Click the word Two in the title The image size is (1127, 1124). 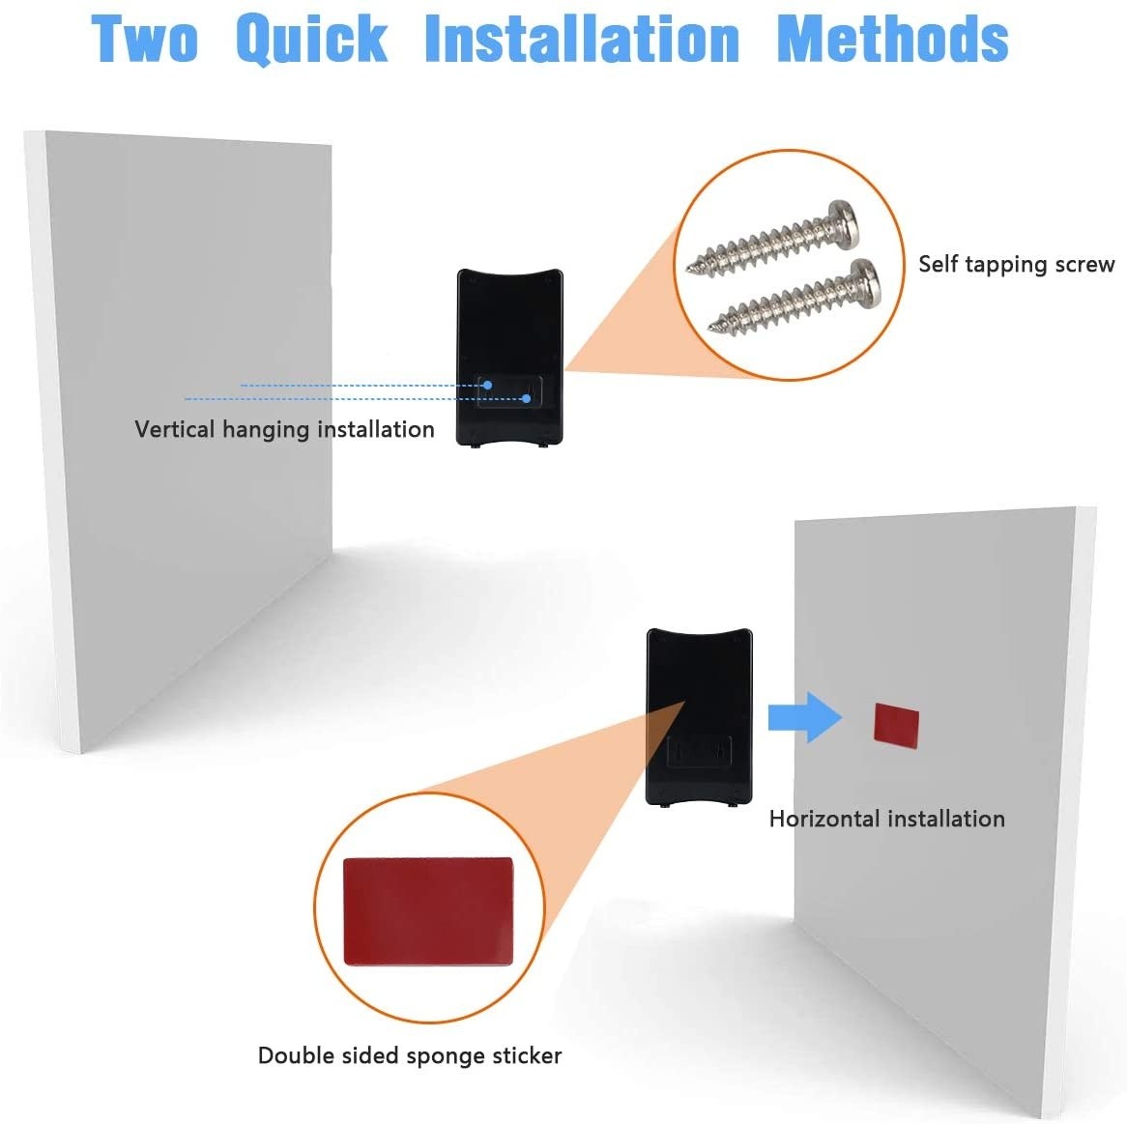pyautogui.click(x=144, y=39)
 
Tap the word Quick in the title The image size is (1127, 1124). pyautogui.click(x=312, y=41)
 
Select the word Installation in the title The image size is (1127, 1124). pyautogui.click(x=582, y=39)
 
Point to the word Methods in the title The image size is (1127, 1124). pyautogui.click(x=893, y=39)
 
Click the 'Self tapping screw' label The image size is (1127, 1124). pyautogui.click(x=1016, y=265)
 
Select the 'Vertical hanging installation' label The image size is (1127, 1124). pyautogui.click(x=284, y=430)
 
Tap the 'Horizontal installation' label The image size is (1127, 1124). pyautogui.click(x=887, y=819)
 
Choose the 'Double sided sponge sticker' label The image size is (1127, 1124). pyautogui.click(x=410, y=1055)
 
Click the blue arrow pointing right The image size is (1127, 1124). pyautogui.click(x=805, y=717)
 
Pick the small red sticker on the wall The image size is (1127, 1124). pyautogui.click(x=896, y=726)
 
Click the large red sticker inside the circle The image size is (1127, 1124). pyautogui.click(x=428, y=910)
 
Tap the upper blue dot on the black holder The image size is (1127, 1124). pyautogui.click(x=487, y=386)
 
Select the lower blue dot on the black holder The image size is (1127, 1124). pyautogui.click(x=526, y=398)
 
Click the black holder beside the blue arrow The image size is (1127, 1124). pyautogui.click(x=699, y=717)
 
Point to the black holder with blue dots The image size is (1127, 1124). pyautogui.click(x=509, y=358)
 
